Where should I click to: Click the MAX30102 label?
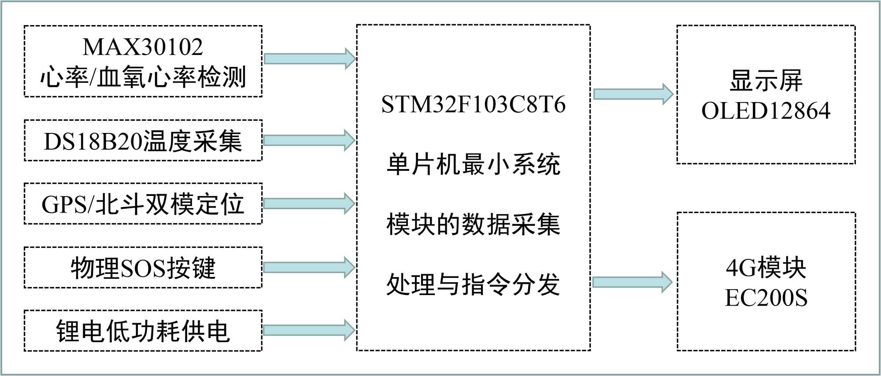(x=143, y=47)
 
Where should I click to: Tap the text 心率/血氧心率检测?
(x=143, y=77)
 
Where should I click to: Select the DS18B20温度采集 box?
(x=143, y=141)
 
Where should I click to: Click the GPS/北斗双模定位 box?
(x=143, y=204)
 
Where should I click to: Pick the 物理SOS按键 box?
(x=143, y=268)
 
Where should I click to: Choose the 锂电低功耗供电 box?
(x=143, y=331)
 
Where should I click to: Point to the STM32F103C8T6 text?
(x=473, y=105)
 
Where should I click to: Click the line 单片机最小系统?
(x=473, y=164)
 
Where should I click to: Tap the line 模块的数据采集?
(x=473, y=224)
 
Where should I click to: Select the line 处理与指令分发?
(x=473, y=284)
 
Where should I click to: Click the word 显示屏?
(x=766, y=81)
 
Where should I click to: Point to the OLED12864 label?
(x=766, y=111)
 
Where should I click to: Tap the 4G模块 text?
(x=766, y=267)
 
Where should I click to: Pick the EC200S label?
(x=766, y=298)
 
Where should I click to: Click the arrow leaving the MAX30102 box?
(x=309, y=59)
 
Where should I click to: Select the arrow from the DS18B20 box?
(x=309, y=140)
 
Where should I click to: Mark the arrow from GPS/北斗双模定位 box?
(x=309, y=203)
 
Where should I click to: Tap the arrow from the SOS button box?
(x=309, y=267)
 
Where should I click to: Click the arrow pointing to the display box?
(x=633, y=94)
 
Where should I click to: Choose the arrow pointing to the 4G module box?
(x=633, y=282)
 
